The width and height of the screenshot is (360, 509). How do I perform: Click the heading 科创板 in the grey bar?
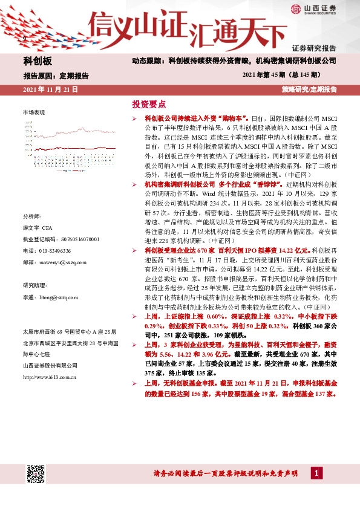click(x=38, y=61)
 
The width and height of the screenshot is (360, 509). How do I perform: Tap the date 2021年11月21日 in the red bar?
click(x=50, y=89)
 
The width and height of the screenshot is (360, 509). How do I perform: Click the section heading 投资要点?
click(x=148, y=104)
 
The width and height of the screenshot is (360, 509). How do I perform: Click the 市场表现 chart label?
click(x=34, y=113)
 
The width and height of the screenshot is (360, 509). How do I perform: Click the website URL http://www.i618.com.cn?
click(x=49, y=377)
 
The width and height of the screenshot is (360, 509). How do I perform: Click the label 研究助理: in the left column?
click(x=35, y=285)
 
